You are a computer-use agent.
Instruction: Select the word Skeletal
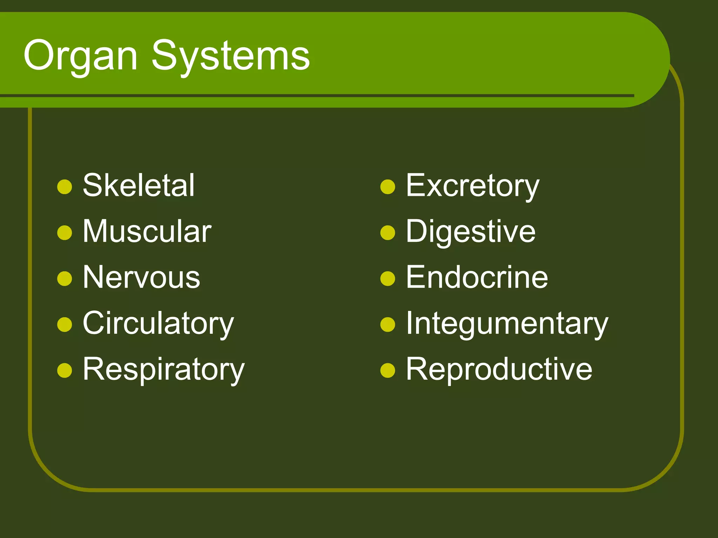pyautogui.click(x=138, y=186)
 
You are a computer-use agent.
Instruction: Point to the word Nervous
pyautogui.click(x=141, y=277)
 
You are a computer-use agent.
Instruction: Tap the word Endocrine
pyautogui.click(x=477, y=277)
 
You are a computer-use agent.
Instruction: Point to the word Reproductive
pyautogui.click(x=499, y=369)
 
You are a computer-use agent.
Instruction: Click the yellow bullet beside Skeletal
pyautogui.click(x=65, y=187)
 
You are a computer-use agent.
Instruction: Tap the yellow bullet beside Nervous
pyautogui.click(x=65, y=279)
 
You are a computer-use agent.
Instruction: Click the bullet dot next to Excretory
pyautogui.click(x=388, y=187)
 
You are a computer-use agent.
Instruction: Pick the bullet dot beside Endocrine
pyautogui.click(x=388, y=279)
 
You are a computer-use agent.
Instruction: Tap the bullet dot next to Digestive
pyautogui.click(x=388, y=233)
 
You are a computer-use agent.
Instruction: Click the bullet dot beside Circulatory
pyautogui.click(x=65, y=324)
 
